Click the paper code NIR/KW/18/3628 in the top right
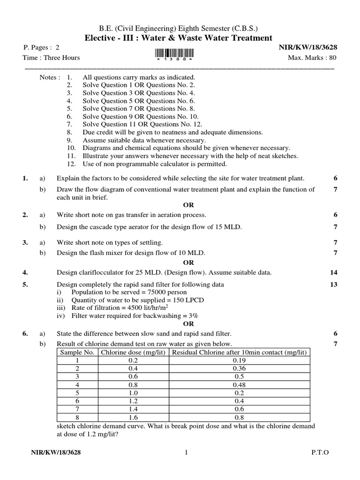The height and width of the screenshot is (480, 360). pos(308,47)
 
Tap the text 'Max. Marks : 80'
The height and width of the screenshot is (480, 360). pos(312,58)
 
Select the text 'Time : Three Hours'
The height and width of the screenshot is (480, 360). pos(51,58)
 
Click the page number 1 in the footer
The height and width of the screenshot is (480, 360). pos(186,452)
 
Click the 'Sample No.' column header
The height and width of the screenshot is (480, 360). pos(77,352)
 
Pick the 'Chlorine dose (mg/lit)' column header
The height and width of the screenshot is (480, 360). pos(133,352)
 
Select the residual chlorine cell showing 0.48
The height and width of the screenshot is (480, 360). pos(239,384)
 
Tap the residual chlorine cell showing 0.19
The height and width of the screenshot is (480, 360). pos(239,360)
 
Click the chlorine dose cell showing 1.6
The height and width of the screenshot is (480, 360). pos(133,416)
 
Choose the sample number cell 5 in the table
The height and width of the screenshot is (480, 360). pos(77,392)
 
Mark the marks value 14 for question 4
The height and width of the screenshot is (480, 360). pos(333,272)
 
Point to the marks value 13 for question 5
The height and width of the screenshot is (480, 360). pos(333,285)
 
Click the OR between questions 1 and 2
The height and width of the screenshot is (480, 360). pos(188,205)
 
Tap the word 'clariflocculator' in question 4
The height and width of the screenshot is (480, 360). pos(99,272)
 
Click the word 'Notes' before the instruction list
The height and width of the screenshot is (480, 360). pos(49,77)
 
